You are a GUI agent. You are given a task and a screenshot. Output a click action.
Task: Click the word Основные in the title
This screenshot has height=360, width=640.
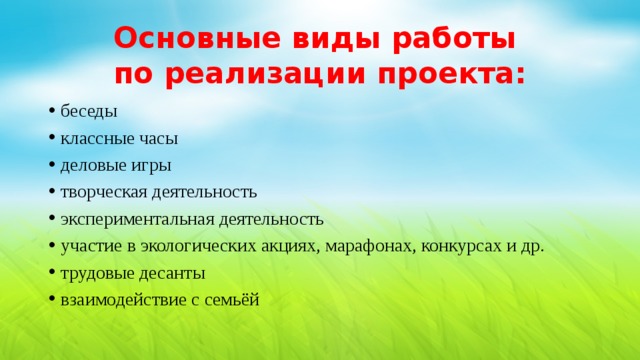(195, 39)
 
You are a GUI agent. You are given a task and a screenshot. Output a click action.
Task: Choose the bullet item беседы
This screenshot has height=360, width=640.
(89, 111)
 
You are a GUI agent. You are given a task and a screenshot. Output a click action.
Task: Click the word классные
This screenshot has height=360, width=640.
(95, 138)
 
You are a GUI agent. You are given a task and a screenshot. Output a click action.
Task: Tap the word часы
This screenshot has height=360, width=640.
(157, 138)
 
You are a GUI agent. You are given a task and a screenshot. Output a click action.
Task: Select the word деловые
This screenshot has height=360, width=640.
(92, 165)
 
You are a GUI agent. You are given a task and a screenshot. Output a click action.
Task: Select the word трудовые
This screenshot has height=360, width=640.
(96, 273)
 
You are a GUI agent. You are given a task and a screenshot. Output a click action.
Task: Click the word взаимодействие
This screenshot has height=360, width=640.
(116, 300)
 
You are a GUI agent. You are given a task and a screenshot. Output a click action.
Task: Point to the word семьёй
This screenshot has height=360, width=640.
(232, 300)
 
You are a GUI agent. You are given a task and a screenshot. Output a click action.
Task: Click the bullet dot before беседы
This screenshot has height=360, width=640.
(50, 112)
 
